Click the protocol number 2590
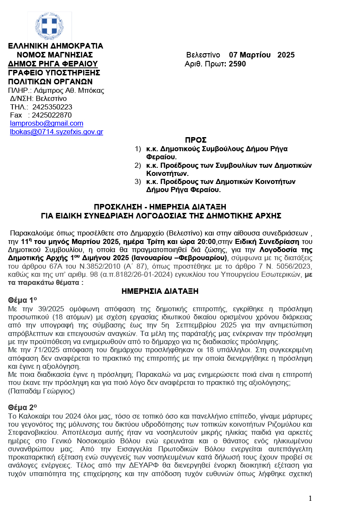tap(237, 64)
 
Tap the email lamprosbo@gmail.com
tap(46, 123)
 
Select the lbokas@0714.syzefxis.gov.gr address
tap(56, 132)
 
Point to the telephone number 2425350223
tap(52, 107)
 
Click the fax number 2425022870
tap(52, 115)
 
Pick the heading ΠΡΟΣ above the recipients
tap(196, 140)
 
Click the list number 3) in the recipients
tap(138, 182)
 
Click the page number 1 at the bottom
tap(310, 498)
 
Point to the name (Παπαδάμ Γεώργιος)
tap(41, 391)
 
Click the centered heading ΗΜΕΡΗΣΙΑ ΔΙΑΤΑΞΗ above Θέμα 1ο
tap(160, 291)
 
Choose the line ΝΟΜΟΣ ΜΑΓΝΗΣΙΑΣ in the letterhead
tap(54, 55)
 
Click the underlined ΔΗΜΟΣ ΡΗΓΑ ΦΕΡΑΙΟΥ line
tap(53, 64)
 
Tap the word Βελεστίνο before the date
tap(203, 55)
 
